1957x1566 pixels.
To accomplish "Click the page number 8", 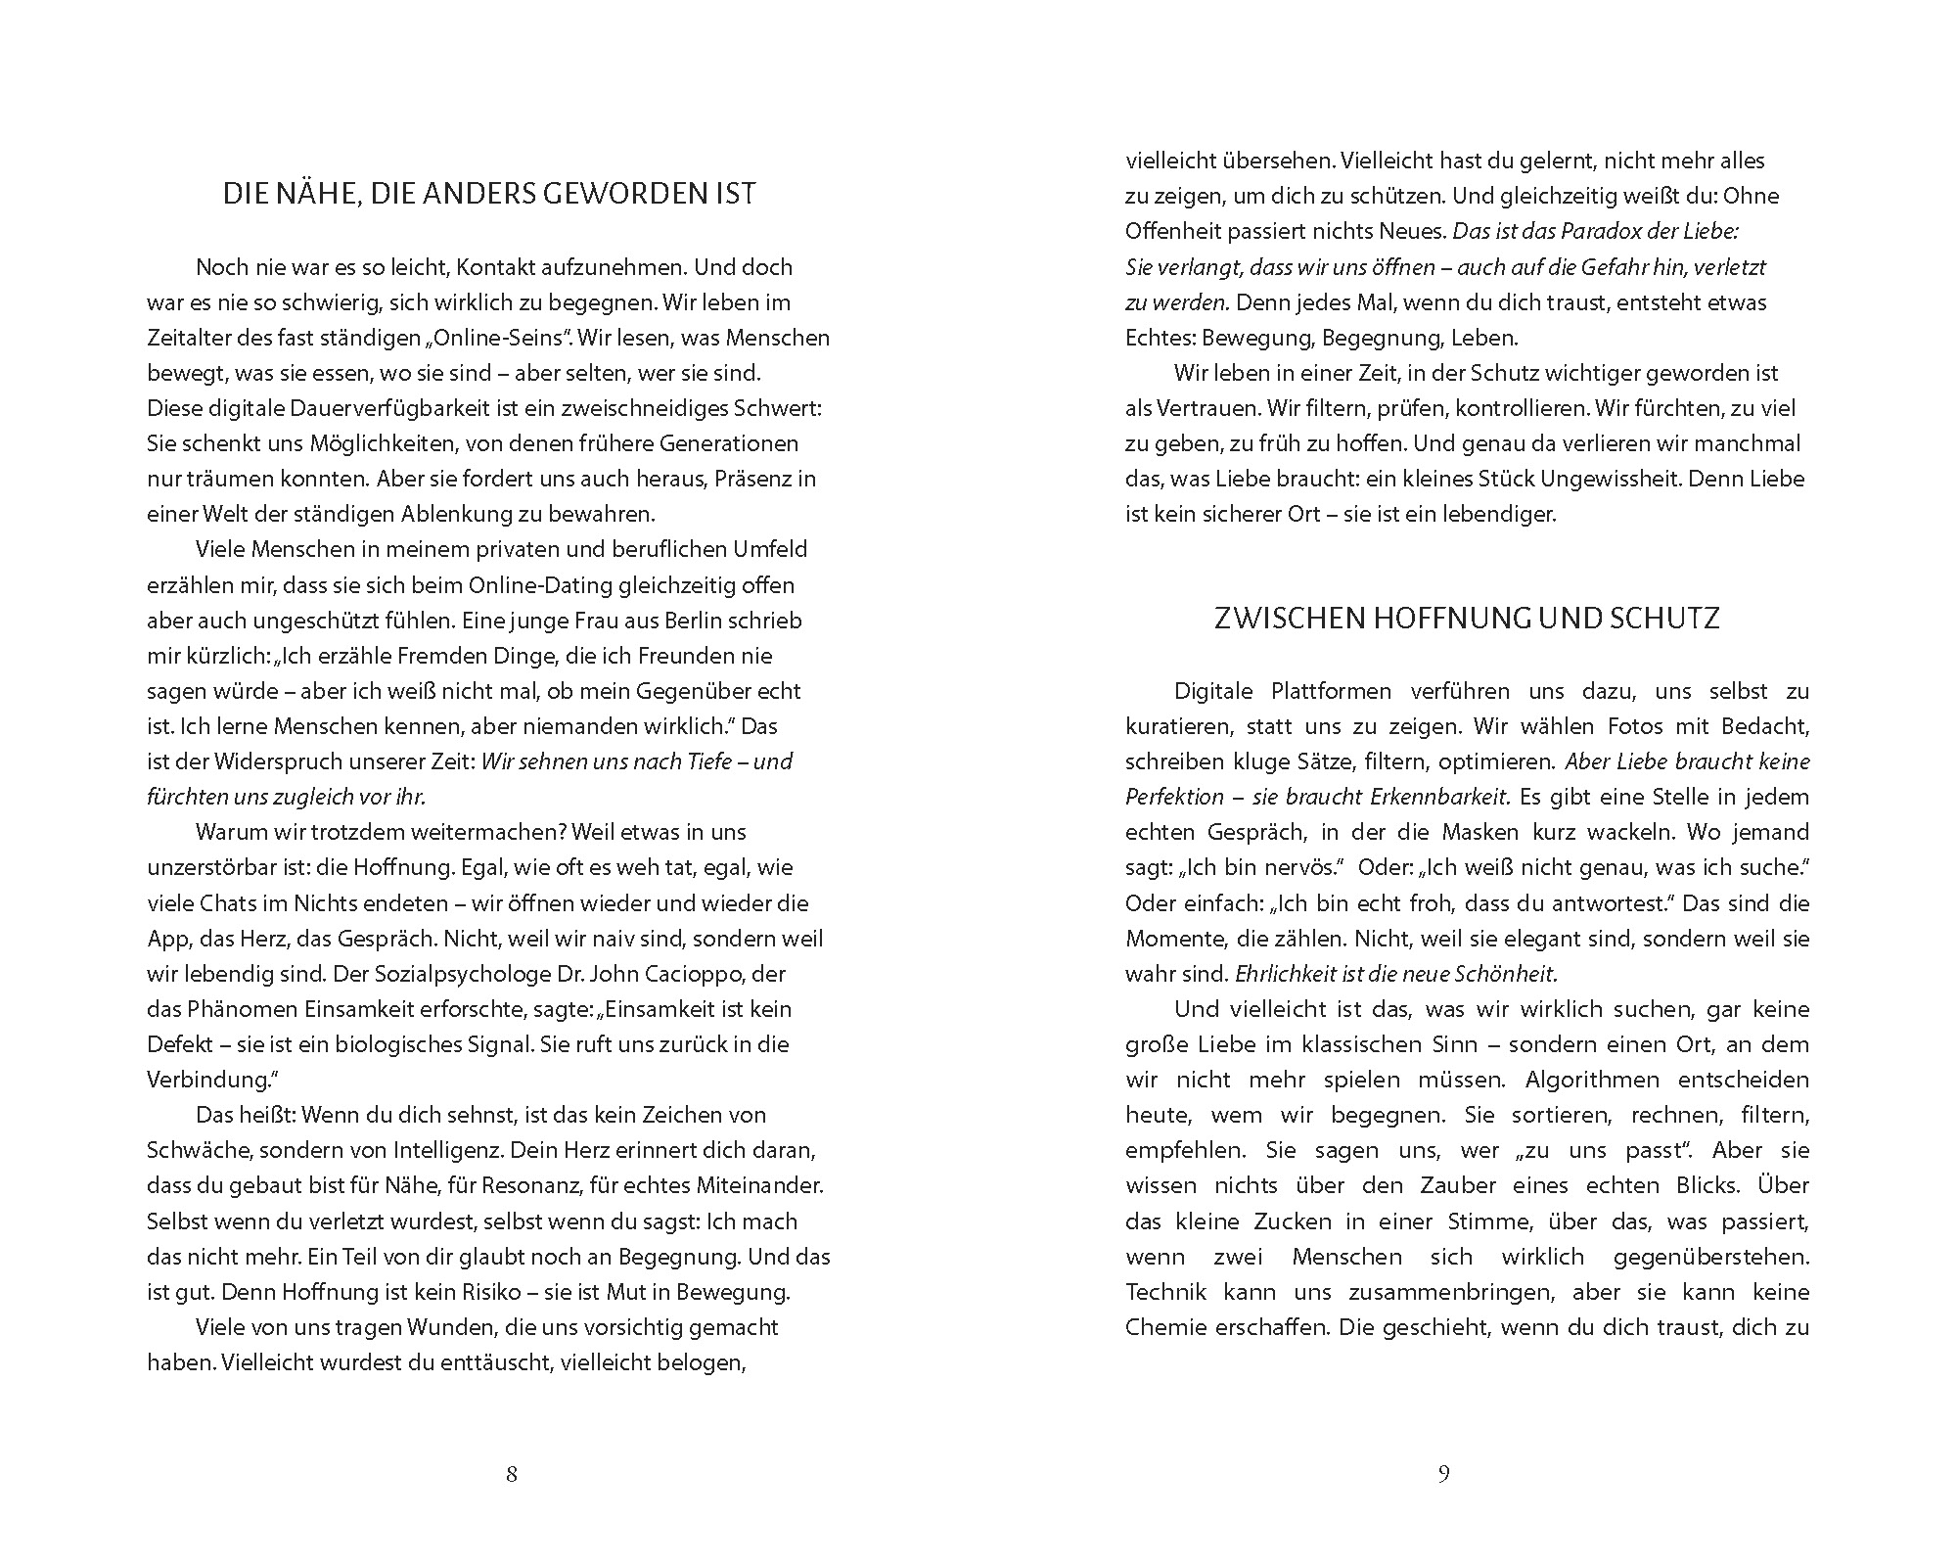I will (511, 1474).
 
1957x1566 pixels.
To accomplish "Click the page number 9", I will (1443, 1474).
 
